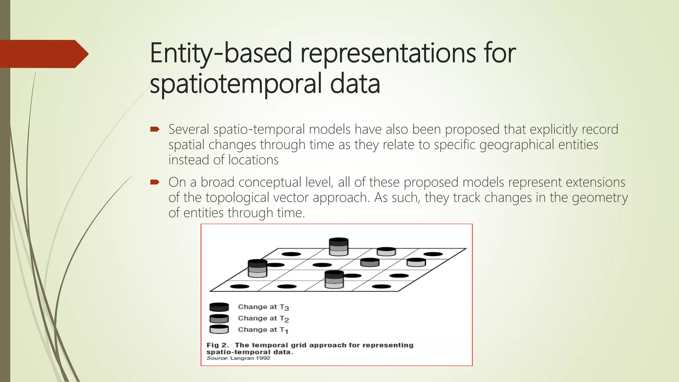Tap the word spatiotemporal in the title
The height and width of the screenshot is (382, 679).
point(235,84)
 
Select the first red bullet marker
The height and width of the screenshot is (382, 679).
point(154,129)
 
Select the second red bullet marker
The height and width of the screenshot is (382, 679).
point(154,182)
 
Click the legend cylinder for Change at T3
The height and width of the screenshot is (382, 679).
point(219,307)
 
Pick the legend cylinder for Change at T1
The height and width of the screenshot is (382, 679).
point(219,329)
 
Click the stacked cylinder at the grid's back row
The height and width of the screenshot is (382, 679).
point(339,247)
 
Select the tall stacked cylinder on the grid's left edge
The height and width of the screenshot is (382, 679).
point(258,268)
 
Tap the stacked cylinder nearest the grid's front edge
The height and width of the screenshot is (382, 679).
point(334,279)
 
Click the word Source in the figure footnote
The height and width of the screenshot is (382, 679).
point(216,358)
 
